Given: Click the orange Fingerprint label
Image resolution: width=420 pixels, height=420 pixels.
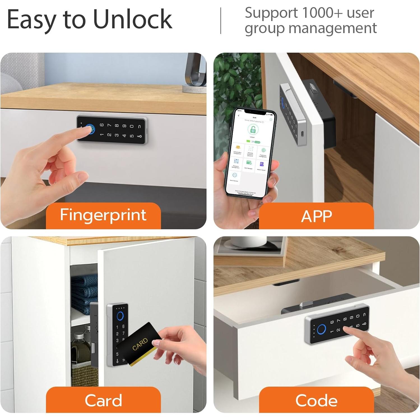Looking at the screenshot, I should [x=103, y=215].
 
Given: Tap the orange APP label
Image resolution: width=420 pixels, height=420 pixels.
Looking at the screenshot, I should [x=316, y=216].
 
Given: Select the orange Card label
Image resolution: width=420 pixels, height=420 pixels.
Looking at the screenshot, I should [x=103, y=400].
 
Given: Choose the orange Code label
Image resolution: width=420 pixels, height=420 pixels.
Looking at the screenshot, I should [x=316, y=400].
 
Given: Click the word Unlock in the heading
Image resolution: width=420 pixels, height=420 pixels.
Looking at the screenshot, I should [x=132, y=19].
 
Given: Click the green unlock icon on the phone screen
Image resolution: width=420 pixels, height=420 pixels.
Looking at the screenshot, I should [x=253, y=130].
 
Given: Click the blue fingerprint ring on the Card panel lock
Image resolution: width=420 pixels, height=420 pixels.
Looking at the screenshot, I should [x=120, y=316].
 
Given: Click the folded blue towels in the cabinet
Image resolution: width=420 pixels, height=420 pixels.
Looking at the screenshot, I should [x=84, y=291].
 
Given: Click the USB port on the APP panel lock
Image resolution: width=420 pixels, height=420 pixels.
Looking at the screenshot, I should [x=301, y=134].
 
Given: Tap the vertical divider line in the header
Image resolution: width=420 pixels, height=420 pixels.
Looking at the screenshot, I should [x=221, y=21].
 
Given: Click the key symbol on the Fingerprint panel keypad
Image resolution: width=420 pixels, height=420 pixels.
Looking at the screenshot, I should [x=139, y=136].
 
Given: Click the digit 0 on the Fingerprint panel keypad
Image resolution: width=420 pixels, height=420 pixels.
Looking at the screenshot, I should [x=132, y=127].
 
